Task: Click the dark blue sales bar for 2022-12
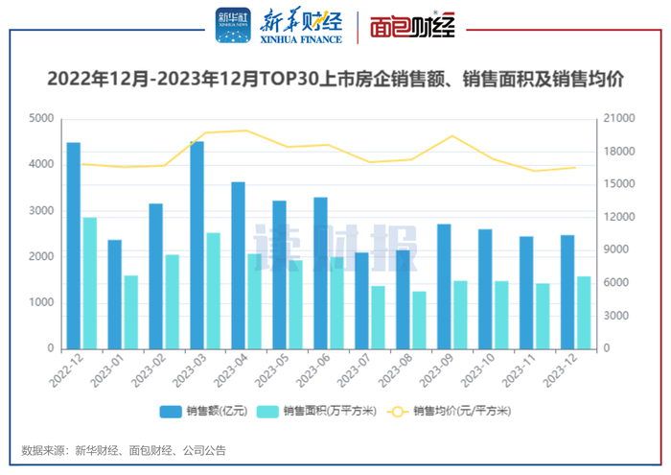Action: [73, 246]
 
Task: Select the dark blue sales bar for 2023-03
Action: [197, 246]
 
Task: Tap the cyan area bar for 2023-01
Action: [130, 312]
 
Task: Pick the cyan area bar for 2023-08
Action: [419, 320]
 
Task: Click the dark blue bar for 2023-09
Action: [444, 287]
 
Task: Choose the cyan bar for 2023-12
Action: [584, 313]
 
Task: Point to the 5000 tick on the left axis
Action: [40, 119]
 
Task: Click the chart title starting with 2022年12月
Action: [335, 80]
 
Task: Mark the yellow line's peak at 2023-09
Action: [453, 135]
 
